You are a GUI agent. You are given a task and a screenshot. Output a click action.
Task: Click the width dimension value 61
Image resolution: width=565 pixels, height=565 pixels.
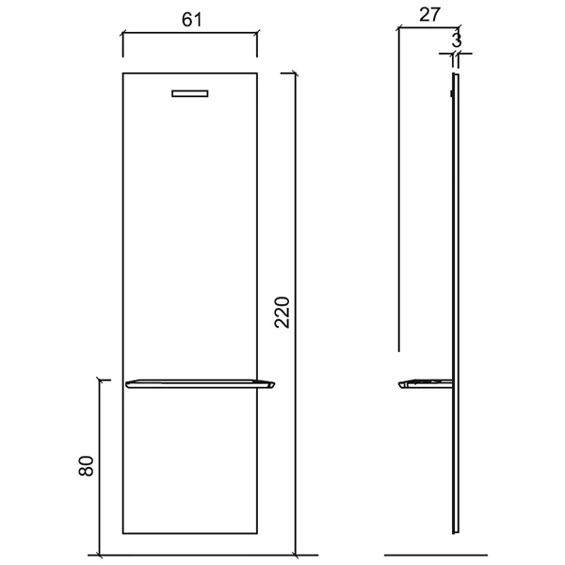coord(192,20)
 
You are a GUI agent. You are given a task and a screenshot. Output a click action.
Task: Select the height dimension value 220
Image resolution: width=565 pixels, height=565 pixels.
coord(282,312)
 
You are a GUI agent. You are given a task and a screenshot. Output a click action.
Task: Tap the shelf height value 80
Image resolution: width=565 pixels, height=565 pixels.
coord(86,466)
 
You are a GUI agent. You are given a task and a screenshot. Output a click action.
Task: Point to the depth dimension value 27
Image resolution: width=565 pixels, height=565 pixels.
coord(430,15)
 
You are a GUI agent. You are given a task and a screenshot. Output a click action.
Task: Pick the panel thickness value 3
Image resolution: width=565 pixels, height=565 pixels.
coord(457,40)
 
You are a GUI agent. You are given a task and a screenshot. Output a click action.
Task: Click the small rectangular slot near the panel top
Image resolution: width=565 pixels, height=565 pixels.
coord(190,93)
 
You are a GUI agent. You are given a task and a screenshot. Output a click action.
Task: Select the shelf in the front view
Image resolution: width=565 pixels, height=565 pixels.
coord(200,384)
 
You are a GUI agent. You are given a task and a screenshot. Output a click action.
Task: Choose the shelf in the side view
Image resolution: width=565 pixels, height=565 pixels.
coord(426,384)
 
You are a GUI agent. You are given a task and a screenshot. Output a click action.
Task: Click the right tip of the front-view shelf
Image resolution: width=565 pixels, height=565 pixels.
coord(275,383)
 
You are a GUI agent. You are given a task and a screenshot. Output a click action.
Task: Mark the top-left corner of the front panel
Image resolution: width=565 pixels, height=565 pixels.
coord(122,73)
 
